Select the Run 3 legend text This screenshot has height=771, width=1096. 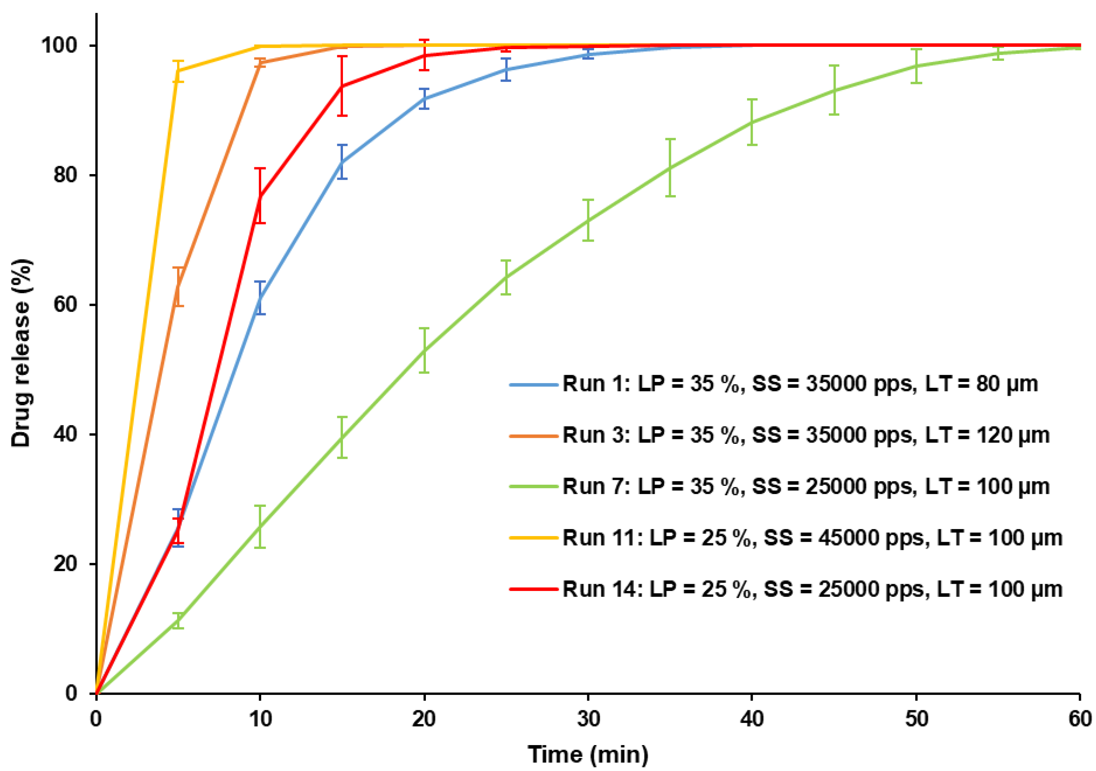click(x=806, y=435)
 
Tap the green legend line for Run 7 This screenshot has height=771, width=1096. click(x=534, y=487)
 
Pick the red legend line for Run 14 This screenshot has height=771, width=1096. click(x=534, y=589)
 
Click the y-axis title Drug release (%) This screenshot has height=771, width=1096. click(x=21, y=353)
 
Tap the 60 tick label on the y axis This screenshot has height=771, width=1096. click(x=65, y=305)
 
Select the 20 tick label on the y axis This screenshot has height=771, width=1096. click(x=65, y=564)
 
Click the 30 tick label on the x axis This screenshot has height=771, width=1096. click(x=588, y=718)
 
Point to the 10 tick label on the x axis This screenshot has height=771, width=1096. click(x=260, y=718)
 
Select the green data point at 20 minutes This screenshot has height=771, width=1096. click(x=424, y=351)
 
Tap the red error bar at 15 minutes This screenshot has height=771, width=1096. click(x=342, y=86)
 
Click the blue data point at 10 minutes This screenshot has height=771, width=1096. click(x=260, y=298)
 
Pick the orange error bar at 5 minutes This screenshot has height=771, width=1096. click(x=178, y=287)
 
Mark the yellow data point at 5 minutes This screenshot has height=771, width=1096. click(x=178, y=71)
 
